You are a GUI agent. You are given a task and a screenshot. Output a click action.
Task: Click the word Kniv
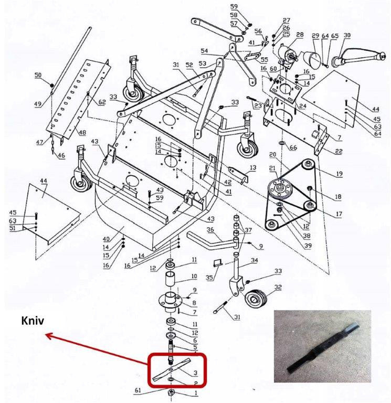tap(33, 321)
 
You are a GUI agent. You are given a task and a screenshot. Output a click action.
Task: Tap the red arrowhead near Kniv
tap(49, 335)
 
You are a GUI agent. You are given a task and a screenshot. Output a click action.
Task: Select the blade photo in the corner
tap(322, 346)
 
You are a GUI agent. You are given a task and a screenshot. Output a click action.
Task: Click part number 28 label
tap(300, 35)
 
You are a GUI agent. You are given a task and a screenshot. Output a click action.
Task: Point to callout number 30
tap(347, 35)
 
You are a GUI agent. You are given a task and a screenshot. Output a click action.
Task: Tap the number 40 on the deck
tap(107, 239)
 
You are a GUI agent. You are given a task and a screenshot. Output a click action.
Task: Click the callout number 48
tap(82, 133)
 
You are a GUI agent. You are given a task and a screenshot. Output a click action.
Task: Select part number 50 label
tap(38, 75)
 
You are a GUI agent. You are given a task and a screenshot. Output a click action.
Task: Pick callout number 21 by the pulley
tap(272, 168)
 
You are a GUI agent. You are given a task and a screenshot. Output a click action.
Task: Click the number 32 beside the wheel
tap(278, 287)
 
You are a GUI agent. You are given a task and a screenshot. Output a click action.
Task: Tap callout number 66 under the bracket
tap(293, 147)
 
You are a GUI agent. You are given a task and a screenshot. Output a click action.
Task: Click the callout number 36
tap(210, 229)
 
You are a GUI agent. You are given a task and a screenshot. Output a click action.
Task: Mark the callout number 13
tap(253, 168)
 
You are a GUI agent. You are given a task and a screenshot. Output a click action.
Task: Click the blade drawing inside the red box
tap(172, 369)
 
